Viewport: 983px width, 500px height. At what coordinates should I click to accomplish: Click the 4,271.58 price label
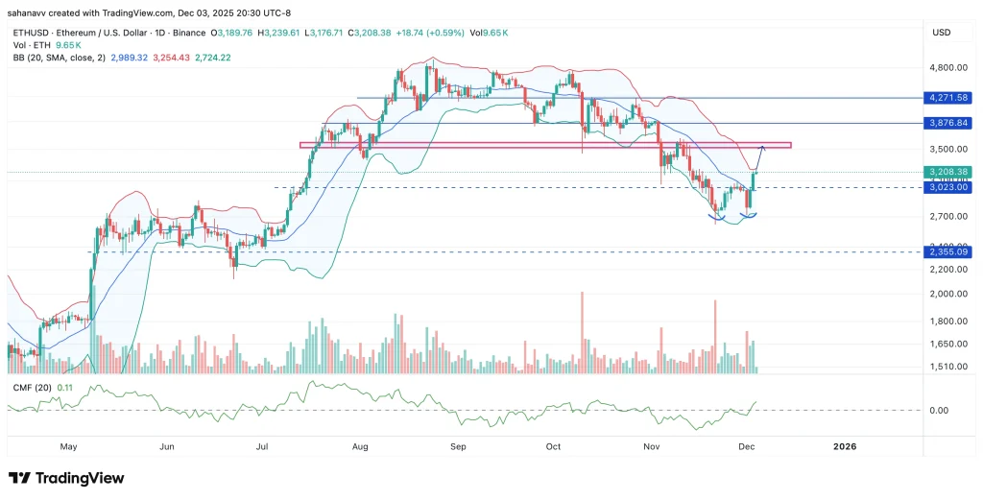click(x=944, y=98)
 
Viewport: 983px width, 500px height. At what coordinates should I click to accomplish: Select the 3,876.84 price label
click(x=944, y=123)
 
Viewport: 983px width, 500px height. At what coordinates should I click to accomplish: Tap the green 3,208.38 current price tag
click(x=944, y=172)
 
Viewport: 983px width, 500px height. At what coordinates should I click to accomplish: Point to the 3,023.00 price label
click(x=944, y=188)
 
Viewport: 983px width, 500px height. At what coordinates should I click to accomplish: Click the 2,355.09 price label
click(x=944, y=252)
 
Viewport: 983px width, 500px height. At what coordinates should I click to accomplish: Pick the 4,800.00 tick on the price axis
click(x=945, y=69)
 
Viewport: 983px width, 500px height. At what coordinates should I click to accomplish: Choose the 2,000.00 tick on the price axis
click(x=945, y=295)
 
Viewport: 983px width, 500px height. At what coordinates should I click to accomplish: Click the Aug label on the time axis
click(x=361, y=446)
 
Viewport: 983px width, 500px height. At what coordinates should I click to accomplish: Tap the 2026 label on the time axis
click(x=845, y=446)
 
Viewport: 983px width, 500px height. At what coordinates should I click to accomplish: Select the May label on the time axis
click(x=68, y=446)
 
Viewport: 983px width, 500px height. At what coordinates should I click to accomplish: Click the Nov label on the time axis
click(x=652, y=446)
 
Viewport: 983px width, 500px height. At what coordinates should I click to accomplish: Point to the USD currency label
click(x=941, y=33)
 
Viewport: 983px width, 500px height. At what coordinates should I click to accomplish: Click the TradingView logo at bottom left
click(x=66, y=478)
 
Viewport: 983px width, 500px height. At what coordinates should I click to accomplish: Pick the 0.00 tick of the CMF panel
click(x=940, y=411)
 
